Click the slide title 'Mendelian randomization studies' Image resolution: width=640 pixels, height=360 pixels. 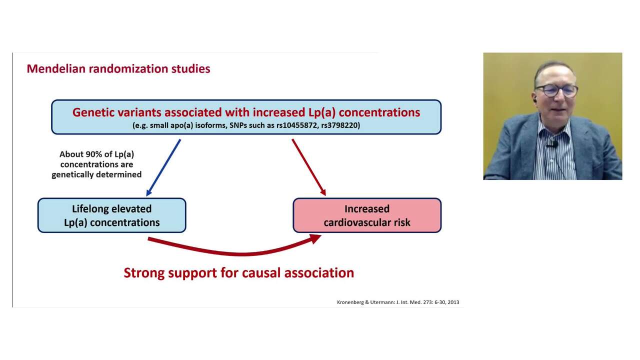(x=118, y=68)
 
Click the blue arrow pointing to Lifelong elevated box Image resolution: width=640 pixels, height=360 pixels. (x=163, y=168)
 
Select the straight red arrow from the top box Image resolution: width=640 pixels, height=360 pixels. (x=308, y=167)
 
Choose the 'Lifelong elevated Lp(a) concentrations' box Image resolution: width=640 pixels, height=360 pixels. (x=111, y=215)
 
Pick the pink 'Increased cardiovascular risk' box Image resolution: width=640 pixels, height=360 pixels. (x=366, y=215)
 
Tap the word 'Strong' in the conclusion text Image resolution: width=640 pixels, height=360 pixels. (x=144, y=273)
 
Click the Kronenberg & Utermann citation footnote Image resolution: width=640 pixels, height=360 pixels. (x=397, y=302)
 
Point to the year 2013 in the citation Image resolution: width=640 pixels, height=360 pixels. (x=453, y=302)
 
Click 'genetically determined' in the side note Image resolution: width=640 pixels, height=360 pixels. (x=96, y=174)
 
